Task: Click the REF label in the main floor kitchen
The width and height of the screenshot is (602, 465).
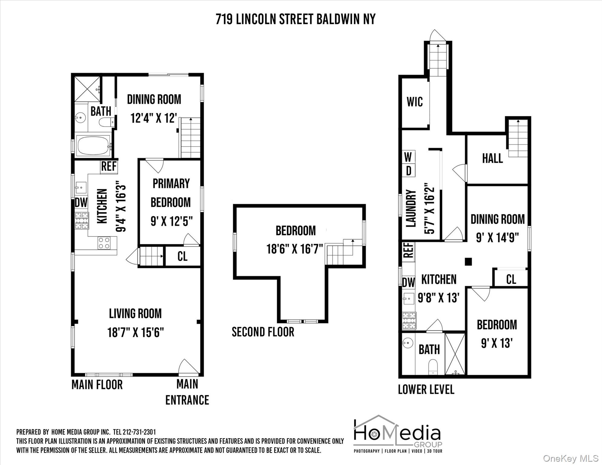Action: [109, 167]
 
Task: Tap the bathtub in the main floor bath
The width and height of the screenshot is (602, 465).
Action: [93, 146]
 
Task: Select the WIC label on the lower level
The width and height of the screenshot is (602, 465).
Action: [415, 102]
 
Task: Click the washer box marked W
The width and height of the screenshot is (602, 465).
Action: [408, 157]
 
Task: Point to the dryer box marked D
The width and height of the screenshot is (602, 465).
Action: [408, 171]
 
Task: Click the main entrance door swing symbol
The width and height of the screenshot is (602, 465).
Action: [188, 367]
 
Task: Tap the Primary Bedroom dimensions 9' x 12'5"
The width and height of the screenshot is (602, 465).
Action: [171, 221]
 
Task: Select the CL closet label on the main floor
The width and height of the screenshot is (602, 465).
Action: [182, 256]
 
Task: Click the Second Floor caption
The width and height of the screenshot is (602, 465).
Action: [263, 332]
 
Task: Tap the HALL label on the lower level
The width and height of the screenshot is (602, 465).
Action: [492, 158]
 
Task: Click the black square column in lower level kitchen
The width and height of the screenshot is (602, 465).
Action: [468, 262]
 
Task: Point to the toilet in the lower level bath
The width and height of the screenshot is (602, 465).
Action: [433, 367]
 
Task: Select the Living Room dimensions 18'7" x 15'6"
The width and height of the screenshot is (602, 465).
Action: [135, 332]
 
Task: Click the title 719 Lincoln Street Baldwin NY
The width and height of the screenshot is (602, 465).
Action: [295, 19]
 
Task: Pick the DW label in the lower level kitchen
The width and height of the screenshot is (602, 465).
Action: [408, 283]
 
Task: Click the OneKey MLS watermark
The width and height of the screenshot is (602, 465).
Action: [571, 458]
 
